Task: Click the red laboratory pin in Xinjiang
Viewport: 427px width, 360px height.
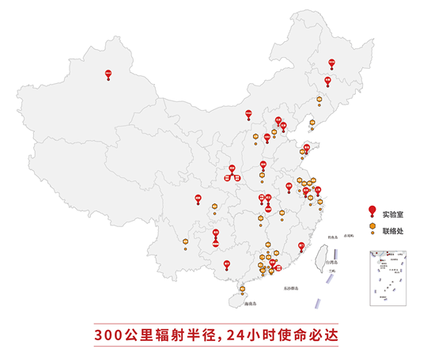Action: coord(109,74)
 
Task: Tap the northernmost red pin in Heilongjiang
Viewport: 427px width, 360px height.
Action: coord(332,61)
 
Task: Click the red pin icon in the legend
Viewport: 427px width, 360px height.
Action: coord(372,210)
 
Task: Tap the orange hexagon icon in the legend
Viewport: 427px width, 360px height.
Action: coord(372,227)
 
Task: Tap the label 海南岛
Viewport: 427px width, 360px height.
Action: coord(252,304)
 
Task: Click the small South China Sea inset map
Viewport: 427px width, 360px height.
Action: coord(388,278)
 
